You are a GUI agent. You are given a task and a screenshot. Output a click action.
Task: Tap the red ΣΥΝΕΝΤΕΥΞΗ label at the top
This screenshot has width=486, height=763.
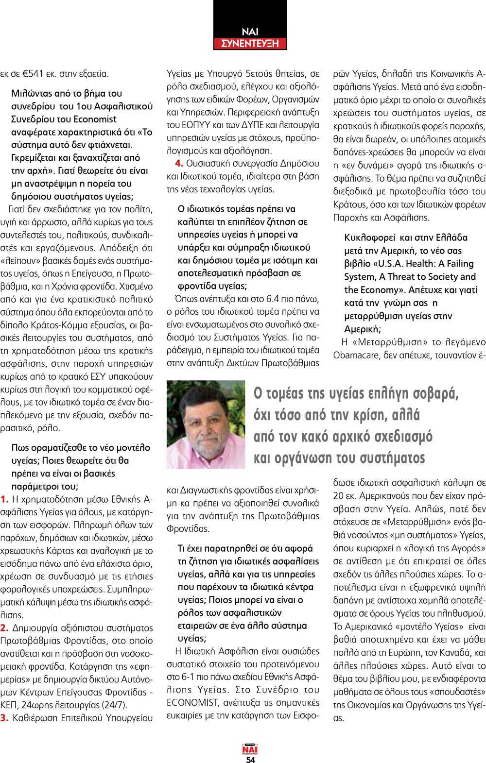[250, 44]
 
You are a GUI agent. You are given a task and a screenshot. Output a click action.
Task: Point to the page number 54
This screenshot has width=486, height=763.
[250, 760]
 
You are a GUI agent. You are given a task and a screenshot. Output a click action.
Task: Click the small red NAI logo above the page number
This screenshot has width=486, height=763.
[250, 749]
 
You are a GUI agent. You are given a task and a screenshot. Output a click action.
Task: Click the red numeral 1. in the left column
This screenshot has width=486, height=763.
[4, 499]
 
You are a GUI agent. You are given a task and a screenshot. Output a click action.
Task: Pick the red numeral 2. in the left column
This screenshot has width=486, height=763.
[4, 628]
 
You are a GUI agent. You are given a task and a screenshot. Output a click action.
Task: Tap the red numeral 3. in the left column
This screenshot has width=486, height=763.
[4, 718]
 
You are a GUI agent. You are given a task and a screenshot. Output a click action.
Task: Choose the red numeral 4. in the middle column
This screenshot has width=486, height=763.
[179, 164]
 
